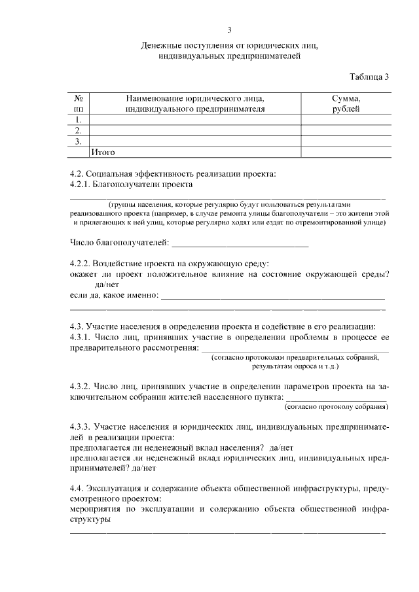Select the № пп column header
[x=79, y=103]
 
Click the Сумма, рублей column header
[x=346, y=103]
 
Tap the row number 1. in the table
[x=79, y=120]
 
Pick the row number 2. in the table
[x=79, y=130]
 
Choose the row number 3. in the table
[x=79, y=141]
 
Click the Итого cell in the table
[x=102, y=152]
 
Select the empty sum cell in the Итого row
[x=346, y=152]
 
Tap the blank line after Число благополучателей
[x=239, y=245]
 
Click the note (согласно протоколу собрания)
[x=335, y=406]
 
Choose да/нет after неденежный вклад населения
[x=281, y=447]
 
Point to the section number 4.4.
[x=78, y=489]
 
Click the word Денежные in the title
[x=162, y=46]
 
